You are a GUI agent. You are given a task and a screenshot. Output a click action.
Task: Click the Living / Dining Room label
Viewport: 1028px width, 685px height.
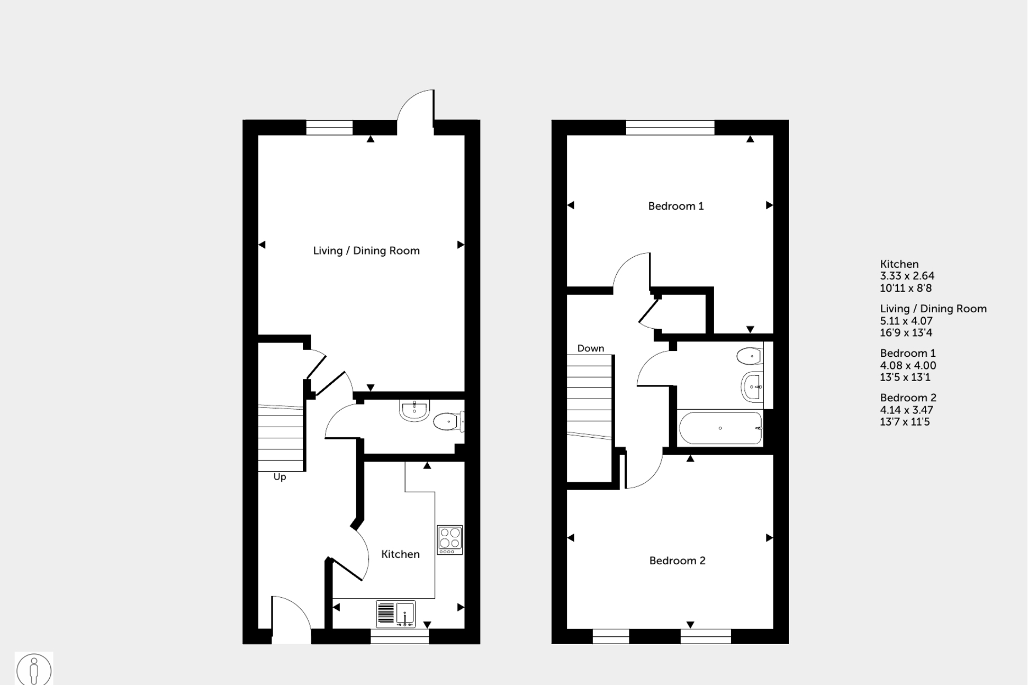pyautogui.click(x=366, y=251)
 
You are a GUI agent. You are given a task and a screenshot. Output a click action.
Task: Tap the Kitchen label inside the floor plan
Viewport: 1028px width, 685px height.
pyautogui.click(x=400, y=554)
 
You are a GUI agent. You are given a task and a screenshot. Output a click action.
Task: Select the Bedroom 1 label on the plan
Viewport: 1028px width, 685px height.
pyautogui.click(x=675, y=206)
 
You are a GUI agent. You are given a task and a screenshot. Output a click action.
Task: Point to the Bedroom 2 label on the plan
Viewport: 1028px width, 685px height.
pyautogui.click(x=677, y=561)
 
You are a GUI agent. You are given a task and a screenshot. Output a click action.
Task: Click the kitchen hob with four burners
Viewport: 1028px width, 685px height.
pyautogui.click(x=449, y=539)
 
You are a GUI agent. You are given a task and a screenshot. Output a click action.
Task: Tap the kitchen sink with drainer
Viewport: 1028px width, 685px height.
pyautogui.click(x=395, y=614)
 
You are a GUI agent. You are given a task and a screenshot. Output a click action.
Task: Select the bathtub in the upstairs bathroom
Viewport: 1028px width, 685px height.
pyautogui.click(x=720, y=428)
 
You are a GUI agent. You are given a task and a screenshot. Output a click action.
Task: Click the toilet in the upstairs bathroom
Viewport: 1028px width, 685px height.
pyautogui.click(x=750, y=356)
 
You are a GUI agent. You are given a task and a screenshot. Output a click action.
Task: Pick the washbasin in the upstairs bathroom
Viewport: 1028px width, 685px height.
pyautogui.click(x=752, y=386)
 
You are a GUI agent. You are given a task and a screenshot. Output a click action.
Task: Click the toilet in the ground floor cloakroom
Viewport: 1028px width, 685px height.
pyautogui.click(x=448, y=422)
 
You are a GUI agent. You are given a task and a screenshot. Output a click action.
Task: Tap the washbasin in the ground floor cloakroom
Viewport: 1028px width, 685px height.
pyautogui.click(x=414, y=410)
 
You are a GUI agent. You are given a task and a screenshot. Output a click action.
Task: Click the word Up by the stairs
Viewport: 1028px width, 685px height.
pyautogui.click(x=279, y=477)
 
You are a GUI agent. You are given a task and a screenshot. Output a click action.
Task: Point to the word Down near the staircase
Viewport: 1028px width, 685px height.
pyautogui.click(x=590, y=348)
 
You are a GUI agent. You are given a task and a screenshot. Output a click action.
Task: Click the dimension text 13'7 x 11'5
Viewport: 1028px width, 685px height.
pyautogui.click(x=905, y=422)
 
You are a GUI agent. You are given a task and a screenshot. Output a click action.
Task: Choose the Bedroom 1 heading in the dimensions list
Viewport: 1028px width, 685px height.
pyautogui.click(x=907, y=353)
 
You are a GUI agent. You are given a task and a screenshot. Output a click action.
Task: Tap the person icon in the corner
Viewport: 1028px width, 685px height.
pyautogui.click(x=34, y=669)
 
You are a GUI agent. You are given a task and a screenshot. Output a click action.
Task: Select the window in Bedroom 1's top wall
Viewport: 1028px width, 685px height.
pyautogui.click(x=670, y=128)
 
